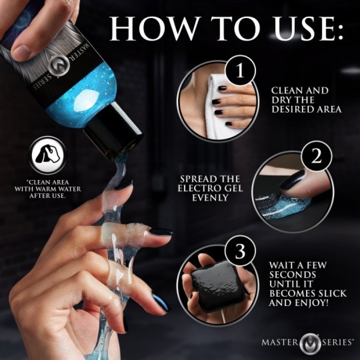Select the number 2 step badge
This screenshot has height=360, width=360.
(x=316, y=157)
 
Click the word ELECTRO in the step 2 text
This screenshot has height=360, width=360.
(x=199, y=188)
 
